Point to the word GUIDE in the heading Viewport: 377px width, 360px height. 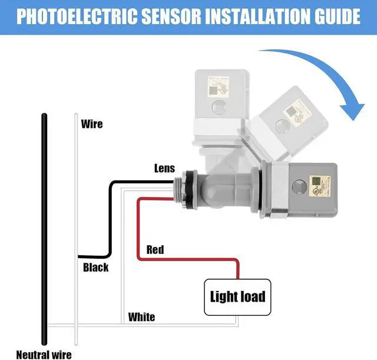pyautogui.click(x=336, y=16)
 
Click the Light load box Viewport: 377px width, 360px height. pyautogui.click(x=238, y=296)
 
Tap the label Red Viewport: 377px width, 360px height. pyautogui.click(x=155, y=250)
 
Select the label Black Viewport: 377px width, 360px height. pyautogui.click(x=95, y=267)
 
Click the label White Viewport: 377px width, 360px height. pyautogui.click(x=142, y=317)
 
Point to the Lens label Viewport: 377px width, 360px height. pyautogui.click(x=164, y=169)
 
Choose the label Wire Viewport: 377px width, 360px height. pyautogui.click(x=91, y=124)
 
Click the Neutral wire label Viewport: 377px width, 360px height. pyautogui.click(x=44, y=354)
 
